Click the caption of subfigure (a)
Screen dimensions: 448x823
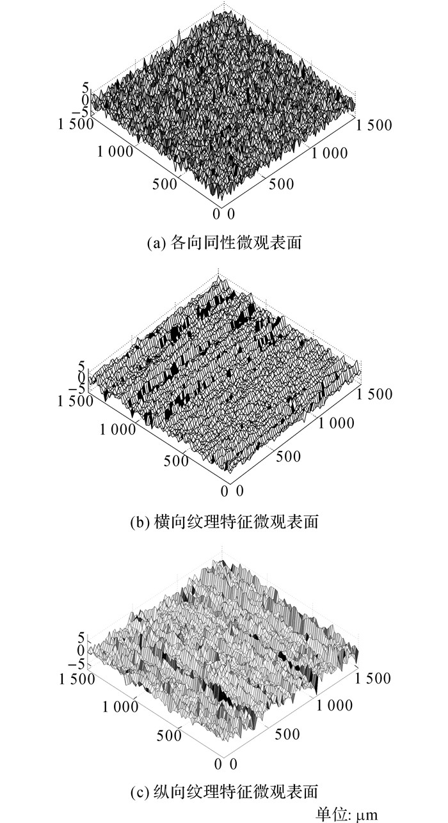tap(224, 243)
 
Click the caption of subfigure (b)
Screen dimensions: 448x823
tap(224, 521)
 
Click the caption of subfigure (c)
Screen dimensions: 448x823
tap(224, 790)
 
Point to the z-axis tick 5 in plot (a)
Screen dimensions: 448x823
tap(85, 88)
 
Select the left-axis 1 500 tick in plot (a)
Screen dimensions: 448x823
tap(76, 124)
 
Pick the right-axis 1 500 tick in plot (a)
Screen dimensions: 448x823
tap(374, 125)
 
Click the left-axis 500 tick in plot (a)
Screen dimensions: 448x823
tap(164, 184)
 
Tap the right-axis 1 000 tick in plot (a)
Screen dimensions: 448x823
tap(330, 153)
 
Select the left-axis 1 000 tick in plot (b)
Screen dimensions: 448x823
tap(118, 429)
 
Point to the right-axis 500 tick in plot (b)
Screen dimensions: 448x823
tap(289, 457)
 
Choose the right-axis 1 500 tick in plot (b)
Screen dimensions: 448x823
tap(374, 394)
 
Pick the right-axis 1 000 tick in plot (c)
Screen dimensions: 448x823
tap(334, 705)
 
